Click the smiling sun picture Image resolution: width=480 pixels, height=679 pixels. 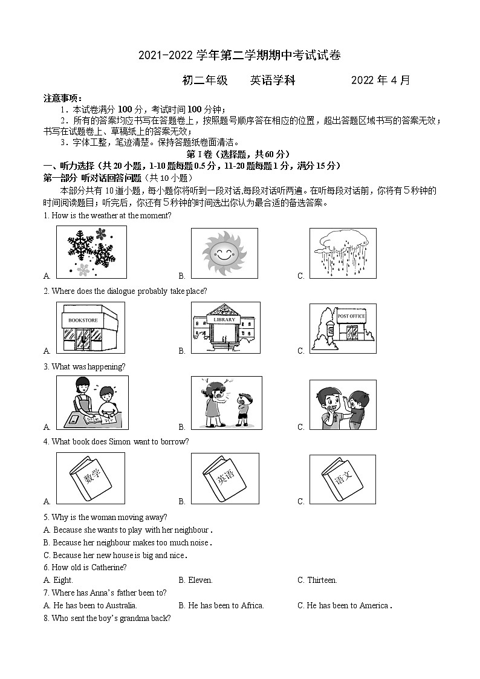224,253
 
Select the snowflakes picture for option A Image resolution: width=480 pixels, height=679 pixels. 91,252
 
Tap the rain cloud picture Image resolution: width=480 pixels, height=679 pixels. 342,253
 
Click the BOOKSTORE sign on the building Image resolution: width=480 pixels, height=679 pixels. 83,319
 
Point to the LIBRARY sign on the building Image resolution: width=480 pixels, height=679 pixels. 224,319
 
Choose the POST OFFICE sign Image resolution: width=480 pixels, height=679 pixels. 351,316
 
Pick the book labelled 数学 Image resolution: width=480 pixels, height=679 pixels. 90,478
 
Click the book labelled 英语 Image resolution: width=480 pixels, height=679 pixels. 225,478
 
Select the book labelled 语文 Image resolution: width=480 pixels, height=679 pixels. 342,478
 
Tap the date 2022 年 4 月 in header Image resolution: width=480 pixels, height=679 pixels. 380,80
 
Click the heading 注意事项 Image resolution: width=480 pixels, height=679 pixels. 62,99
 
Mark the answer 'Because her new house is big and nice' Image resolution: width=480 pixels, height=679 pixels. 119,555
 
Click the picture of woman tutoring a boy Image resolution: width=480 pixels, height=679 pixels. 91,403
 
